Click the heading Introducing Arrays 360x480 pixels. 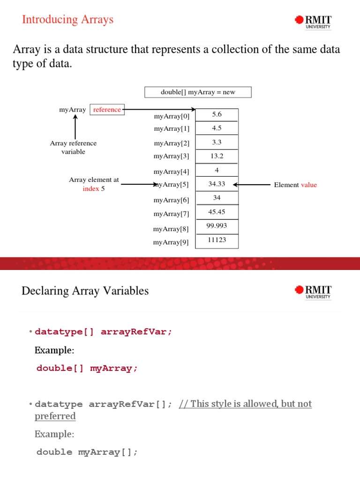(x=68, y=19)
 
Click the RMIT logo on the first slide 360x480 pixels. (x=313, y=22)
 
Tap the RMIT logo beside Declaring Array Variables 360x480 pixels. (x=313, y=292)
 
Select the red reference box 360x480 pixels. (x=107, y=110)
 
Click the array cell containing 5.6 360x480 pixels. (x=217, y=114)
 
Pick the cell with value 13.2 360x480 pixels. (x=217, y=156)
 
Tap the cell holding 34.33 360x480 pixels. (x=217, y=184)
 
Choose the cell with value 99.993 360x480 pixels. (x=217, y=226)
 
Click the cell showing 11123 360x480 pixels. (x=217, y=240)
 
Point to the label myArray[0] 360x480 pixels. (x=172, y=116)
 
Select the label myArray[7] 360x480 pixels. (x=172, y=214)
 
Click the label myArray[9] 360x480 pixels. (x=171, y=242)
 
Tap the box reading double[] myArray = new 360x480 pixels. (x=198, y=92)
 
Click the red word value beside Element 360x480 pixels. (x=309, y=185)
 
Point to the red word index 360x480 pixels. (x=91, y=189)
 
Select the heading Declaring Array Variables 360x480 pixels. (x=85, y=291)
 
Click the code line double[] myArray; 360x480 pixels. (x=87, y=368)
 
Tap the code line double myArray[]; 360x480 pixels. (x=87, y=452)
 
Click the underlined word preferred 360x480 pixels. (x=55, y=416)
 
